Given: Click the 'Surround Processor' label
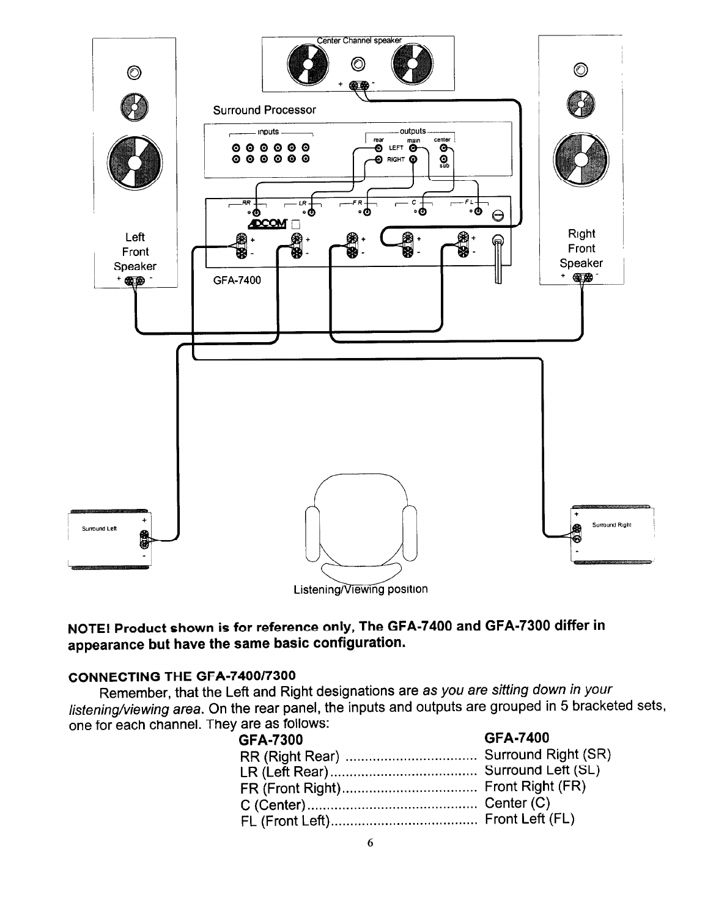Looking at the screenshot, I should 264,111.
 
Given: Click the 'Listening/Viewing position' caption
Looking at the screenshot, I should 360,590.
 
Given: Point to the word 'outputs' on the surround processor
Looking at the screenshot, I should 413,131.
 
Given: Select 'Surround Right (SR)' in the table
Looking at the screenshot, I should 548,755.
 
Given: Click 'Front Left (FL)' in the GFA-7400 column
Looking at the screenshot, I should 529,819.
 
